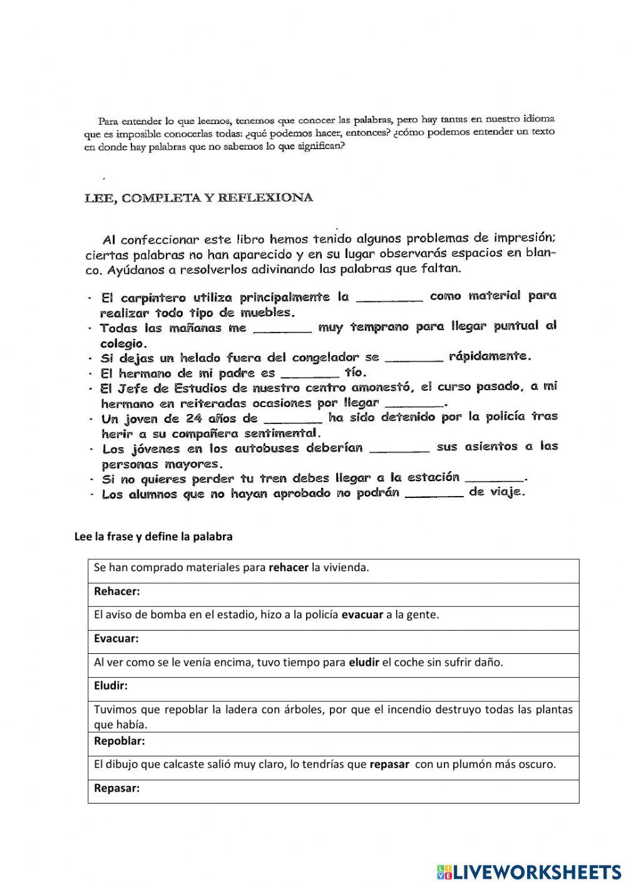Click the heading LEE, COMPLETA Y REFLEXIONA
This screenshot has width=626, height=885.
198,198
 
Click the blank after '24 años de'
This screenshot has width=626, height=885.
293,418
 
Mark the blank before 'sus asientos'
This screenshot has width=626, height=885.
399,448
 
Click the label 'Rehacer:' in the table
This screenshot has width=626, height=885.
116,591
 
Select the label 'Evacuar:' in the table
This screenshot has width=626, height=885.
116,638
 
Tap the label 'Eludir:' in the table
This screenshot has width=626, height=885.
110,686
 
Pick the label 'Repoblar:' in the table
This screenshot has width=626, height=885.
119,741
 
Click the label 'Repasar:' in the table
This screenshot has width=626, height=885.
116,788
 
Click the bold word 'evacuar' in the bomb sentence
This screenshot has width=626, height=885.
362,614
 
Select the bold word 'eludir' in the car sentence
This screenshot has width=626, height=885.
364,662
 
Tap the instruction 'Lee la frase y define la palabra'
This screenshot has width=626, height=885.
153,537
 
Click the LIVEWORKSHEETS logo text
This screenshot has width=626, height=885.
536,871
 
